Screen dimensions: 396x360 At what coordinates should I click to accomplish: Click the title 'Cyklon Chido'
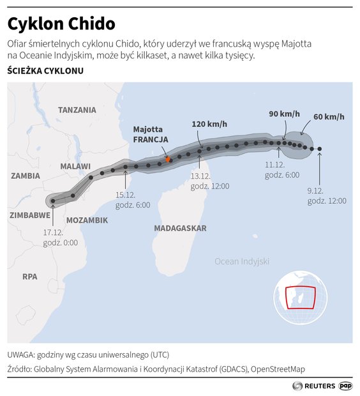point(61,24)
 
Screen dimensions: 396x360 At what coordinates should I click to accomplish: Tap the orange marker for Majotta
point(168,160)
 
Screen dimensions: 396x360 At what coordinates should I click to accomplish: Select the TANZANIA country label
point(77,110)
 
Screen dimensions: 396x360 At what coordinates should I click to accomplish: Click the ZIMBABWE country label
point(30,215)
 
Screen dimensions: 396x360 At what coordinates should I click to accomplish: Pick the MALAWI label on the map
point(75,166)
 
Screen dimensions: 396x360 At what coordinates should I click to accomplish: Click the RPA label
point(30,277)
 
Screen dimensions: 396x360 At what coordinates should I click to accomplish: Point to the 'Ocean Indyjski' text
point(242,261)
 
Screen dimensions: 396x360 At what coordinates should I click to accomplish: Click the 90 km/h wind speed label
point(283,114)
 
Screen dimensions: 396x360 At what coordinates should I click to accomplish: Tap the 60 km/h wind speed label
point(329,117)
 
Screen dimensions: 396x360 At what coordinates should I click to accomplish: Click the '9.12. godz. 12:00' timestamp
point(326,195)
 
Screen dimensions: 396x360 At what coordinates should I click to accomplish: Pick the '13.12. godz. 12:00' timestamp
point(210,181)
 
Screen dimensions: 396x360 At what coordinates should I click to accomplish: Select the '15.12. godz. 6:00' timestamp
point(132,200)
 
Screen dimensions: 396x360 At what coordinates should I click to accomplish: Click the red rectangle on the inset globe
point(300,298)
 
